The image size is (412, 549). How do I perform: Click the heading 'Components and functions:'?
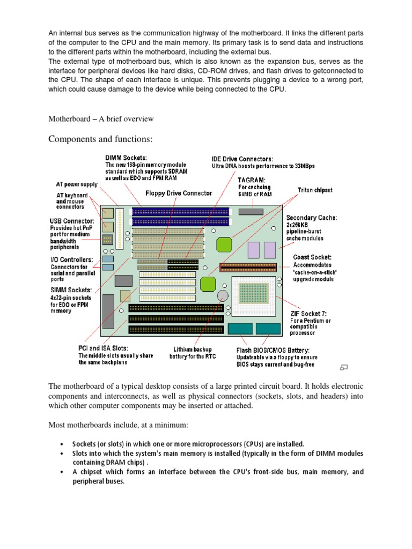(101, 139)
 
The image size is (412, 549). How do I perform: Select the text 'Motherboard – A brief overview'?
(101, 118)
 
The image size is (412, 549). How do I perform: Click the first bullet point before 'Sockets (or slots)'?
(62, 444)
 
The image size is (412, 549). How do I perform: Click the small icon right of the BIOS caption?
(344, 367)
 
